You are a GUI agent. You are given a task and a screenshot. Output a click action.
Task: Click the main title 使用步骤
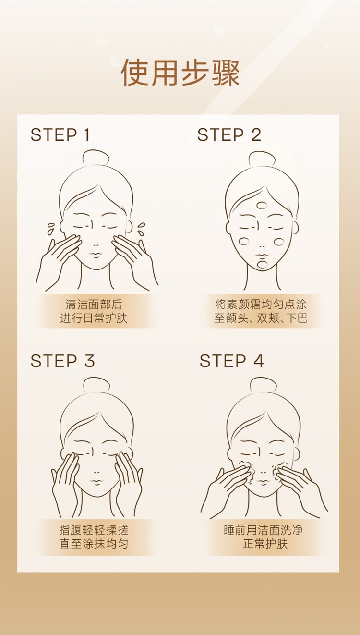[x=180, y=73]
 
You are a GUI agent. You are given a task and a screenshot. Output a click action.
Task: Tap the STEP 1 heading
[x=60, y=135]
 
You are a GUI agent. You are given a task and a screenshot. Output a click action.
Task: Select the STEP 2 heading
[x=229, y=135]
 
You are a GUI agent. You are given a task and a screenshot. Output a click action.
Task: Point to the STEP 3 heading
[x=62, y=361]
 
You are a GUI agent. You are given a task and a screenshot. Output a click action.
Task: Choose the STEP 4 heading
[x=231, y=361]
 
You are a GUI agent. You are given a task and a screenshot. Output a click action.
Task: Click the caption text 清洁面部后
[x=94, y=304]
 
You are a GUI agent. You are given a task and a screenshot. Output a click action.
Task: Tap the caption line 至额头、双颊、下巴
[x=261, y=318]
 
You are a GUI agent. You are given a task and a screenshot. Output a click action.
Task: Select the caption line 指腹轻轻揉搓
[x=94, y=530]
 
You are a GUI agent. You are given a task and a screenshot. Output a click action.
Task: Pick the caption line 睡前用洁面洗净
[x=264, y=530]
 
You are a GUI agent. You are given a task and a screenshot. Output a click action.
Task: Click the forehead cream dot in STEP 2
[x=262, y=205]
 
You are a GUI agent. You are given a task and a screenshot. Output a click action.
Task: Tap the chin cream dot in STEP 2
[x=262, y=264]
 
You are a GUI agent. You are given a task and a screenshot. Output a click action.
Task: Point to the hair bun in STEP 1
[x=96, y=158]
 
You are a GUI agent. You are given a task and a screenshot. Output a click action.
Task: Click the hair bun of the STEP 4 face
[x=263, y=385]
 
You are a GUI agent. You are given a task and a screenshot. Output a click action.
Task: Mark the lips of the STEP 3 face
[x=96, y=481]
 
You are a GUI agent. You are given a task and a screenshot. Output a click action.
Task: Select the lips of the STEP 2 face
[x=262, y=255]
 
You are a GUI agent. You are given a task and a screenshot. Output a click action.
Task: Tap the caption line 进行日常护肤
[x=94, y=318]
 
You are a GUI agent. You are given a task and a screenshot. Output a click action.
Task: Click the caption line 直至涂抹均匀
[x=94, y=544]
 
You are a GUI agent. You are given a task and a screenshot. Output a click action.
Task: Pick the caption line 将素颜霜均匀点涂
[x=261, y=304]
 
